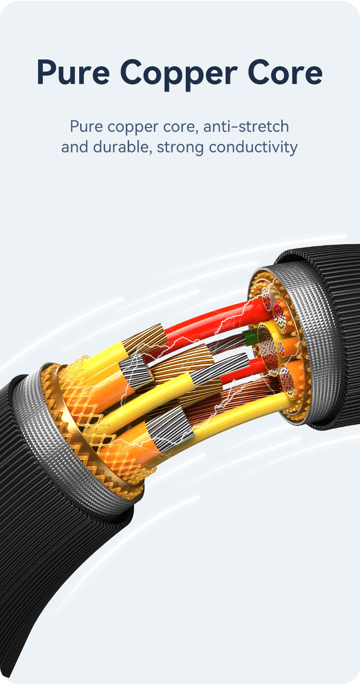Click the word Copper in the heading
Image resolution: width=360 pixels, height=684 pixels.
(x=179, y=73)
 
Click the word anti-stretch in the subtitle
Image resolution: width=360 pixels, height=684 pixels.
(x=246, y=127)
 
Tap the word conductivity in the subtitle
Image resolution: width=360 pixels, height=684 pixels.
(x=253, y=147)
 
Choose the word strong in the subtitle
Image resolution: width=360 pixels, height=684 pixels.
(x=180, y=148)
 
